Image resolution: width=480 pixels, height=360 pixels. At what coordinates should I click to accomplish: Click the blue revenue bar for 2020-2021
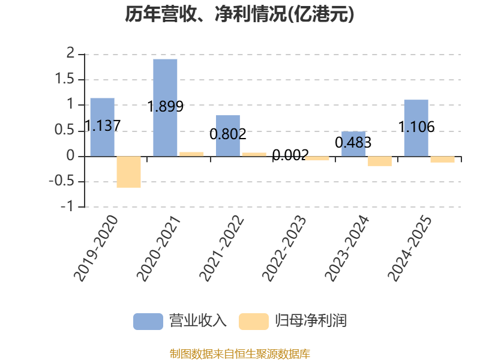(165, 108)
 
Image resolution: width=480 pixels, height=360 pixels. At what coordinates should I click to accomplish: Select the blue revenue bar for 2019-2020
(102, 127)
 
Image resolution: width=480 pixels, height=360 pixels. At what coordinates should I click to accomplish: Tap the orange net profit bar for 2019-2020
(128, 172)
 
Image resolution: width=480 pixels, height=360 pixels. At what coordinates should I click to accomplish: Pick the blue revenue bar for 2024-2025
(416, 128)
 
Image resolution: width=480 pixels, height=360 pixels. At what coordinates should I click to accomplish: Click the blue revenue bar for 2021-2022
(228, 136)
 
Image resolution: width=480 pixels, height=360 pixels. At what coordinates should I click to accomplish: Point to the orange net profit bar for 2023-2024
(380, 161)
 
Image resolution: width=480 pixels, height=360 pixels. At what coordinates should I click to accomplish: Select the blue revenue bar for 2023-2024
(353, 144)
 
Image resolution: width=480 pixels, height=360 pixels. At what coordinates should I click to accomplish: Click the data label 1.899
(166, 107)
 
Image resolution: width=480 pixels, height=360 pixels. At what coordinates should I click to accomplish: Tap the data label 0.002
(290, 155)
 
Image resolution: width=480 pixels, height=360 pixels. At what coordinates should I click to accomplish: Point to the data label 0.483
(353, 142)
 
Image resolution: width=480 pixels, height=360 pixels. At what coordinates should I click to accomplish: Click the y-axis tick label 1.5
(65, 79)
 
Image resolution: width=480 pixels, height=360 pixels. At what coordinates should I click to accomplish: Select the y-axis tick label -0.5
(62, 181)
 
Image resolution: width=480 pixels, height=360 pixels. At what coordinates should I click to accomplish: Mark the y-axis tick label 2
(70, 53)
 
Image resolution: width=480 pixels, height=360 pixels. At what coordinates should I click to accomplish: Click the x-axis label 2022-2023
(284, 248)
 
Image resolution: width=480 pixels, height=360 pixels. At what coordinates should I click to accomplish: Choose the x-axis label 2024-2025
(410, 248)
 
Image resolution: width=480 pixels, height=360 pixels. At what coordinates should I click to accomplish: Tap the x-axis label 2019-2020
(96, 248)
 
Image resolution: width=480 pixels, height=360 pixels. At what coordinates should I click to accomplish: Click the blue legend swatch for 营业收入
(148, 322)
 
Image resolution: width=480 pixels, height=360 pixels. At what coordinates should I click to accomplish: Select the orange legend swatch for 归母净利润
(254, 322)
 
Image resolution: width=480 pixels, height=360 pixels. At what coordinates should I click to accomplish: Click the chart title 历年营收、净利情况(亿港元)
(239, 14)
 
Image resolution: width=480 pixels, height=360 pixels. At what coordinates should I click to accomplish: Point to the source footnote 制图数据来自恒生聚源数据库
(240, 354)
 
